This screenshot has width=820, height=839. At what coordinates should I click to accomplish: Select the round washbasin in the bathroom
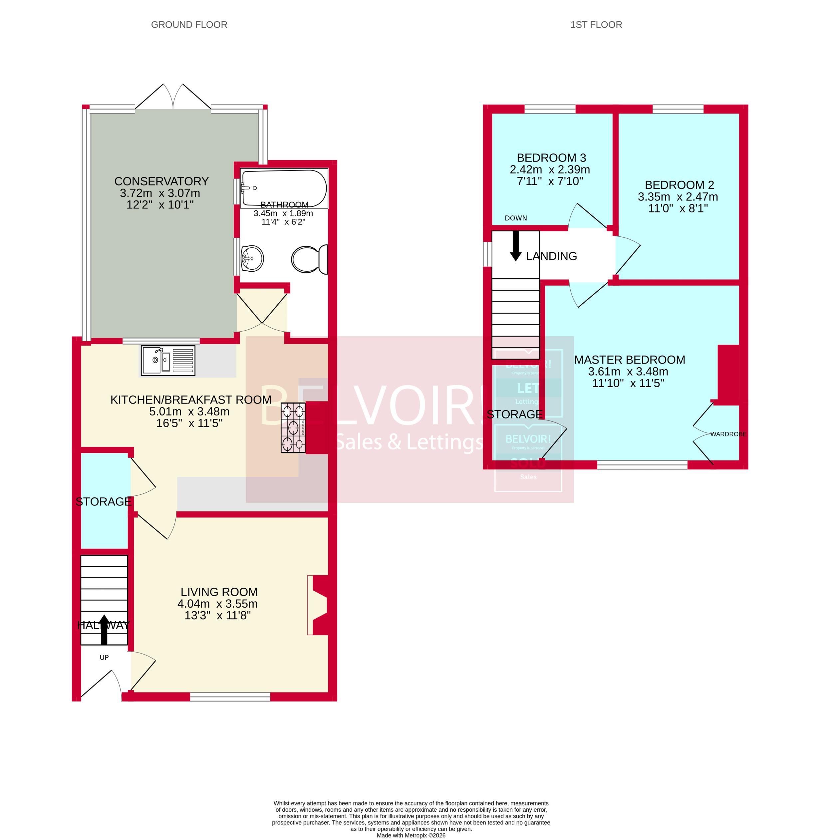(x=252, y=258)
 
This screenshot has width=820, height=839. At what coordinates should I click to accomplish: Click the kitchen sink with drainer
(x=168, y=360)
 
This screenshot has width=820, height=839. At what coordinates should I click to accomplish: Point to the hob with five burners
(x=293, y=427)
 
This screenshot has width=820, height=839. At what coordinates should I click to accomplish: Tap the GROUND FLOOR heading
(x=189, y=25)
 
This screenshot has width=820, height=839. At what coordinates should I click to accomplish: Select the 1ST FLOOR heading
(x=596, y=25)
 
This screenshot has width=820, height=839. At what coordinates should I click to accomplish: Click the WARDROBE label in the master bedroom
(x=728, y=434)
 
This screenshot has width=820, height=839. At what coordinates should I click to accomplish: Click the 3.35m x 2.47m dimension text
(x=678, y=197)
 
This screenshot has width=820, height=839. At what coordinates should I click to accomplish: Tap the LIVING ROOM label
(x=219, y=592)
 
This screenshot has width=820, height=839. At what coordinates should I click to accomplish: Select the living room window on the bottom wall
(x=230, y=697)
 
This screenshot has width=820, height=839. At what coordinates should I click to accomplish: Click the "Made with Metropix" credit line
(x=411, y=835)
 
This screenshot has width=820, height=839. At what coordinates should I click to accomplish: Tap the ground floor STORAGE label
(x=103, y=501)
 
